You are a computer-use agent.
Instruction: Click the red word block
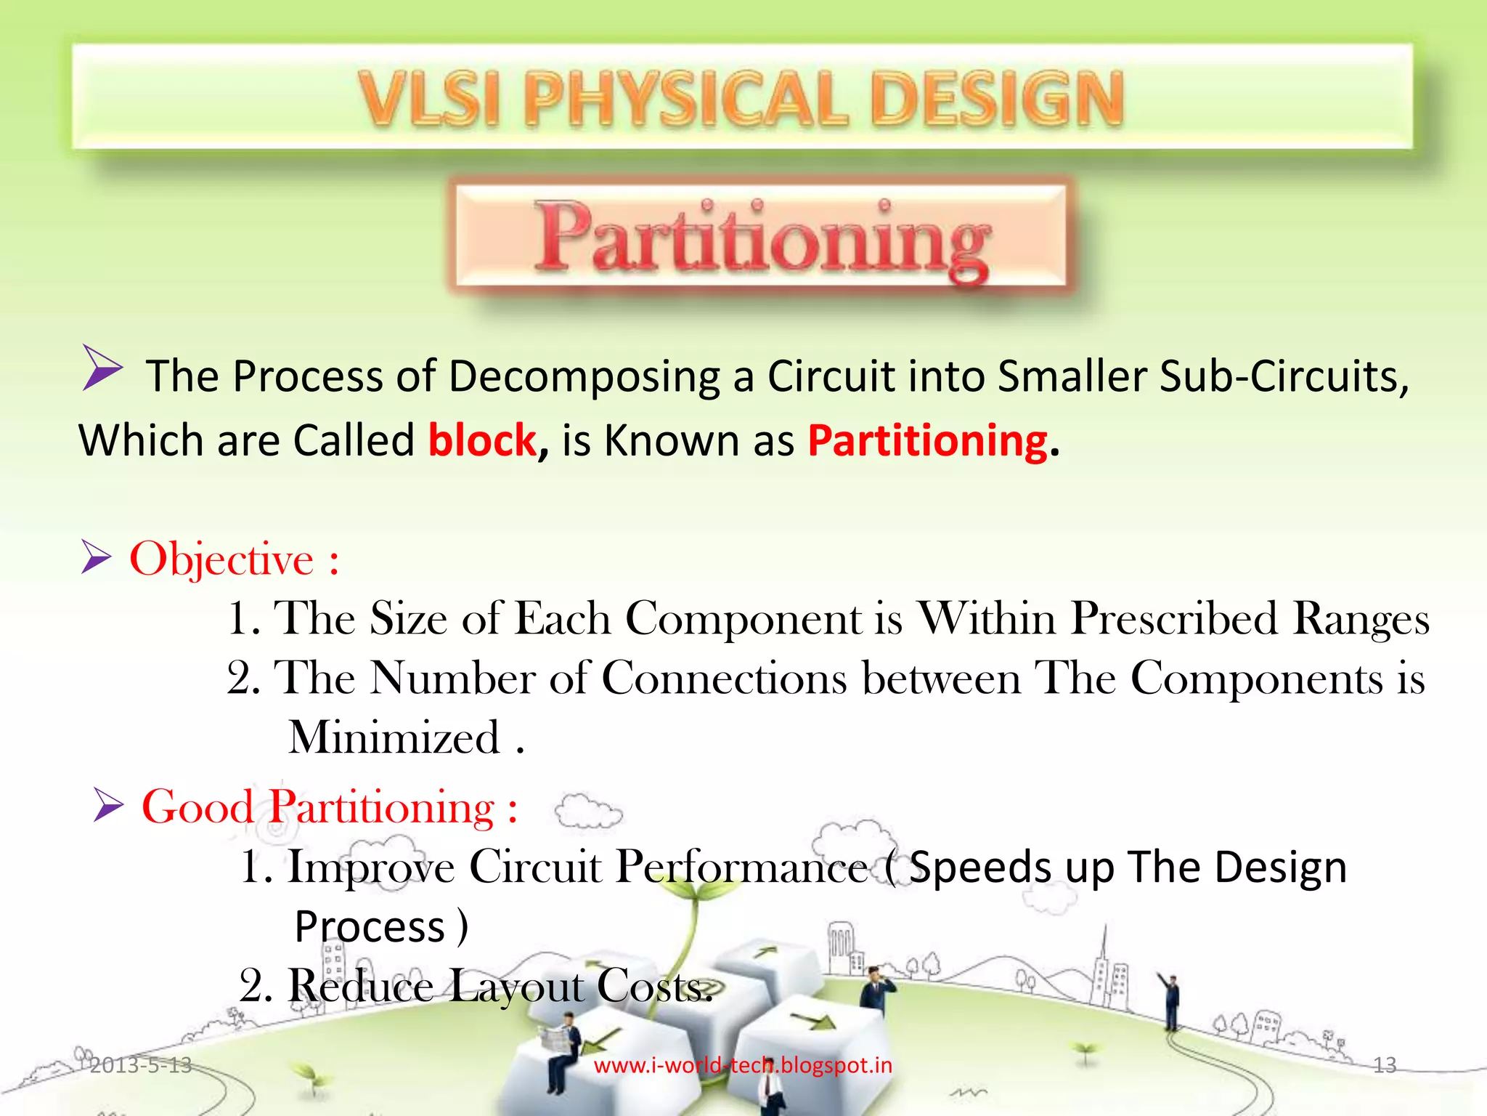click(482, 440)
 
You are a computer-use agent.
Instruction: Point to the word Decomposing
click(584, 376)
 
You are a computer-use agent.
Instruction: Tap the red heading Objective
click(221, 559)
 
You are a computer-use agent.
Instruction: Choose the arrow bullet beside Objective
click(96, 557)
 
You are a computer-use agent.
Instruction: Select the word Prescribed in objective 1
click(1174, 619)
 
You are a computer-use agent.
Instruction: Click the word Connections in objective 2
click(724, 679)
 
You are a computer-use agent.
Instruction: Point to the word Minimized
click(394, 737)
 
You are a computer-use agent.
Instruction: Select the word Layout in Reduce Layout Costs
click(516, 987)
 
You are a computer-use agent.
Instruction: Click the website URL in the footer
click(743, 1065)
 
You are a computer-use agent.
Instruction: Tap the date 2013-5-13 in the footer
click(140, 1065)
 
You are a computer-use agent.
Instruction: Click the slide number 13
click(1385, 1065)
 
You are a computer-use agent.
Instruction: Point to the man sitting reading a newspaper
click(563, 1046)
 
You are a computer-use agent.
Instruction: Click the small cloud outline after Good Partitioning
click(588, 812)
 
